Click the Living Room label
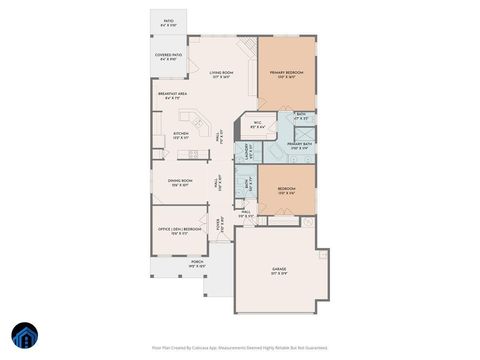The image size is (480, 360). (221, 75)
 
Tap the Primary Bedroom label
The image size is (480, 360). (287, 75)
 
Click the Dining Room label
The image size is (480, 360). (180, 184)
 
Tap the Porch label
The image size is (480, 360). (169, 265)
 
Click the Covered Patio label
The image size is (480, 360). (168, 57)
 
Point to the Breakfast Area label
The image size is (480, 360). (174, 95)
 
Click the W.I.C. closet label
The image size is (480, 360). (257, 125)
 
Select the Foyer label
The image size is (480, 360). (222, 226)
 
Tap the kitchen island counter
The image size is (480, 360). (199, 124)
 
